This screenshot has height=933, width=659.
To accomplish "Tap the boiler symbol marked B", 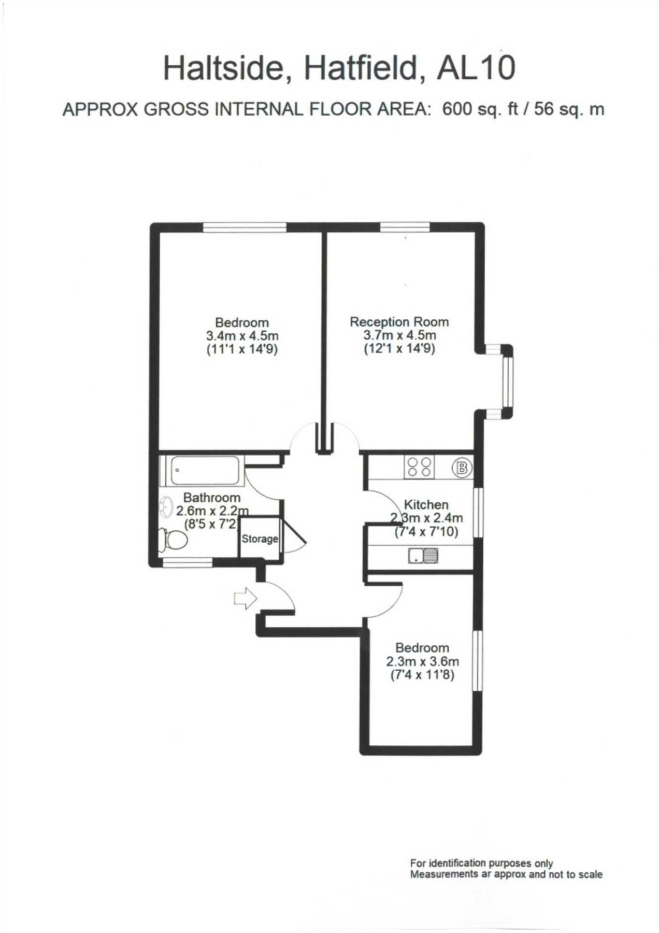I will tap(461, 469).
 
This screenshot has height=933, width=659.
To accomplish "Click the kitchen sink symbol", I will tap(424, 556).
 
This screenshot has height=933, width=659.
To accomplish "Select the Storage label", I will tap(260, 539).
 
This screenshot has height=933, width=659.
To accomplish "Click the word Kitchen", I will tap(426, 504).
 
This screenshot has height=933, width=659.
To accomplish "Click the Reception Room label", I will tap(399, 322).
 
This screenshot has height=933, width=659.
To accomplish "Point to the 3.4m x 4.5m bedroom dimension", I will tap(242, 336).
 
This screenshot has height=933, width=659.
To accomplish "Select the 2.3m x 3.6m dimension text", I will tap(422, 661).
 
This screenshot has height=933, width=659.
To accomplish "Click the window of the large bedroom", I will tap(245, 227).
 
